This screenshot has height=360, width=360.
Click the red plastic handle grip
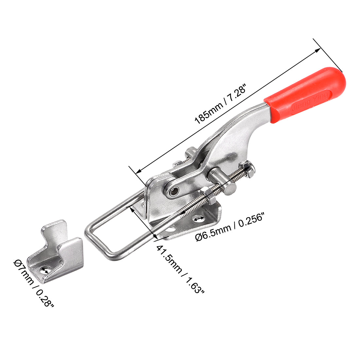[304, 95]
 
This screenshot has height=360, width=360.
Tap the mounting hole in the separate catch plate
[45, 270]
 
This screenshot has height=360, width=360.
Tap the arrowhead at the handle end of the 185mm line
[318, 50]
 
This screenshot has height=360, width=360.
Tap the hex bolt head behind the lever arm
[190, 154]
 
